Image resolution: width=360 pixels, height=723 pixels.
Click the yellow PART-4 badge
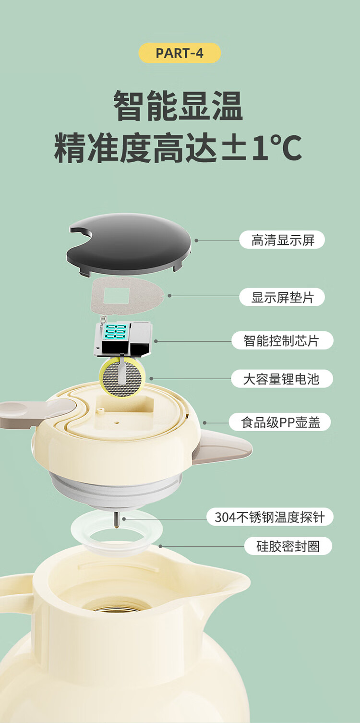tap(180, 53)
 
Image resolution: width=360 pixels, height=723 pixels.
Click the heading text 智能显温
tap(179, 106)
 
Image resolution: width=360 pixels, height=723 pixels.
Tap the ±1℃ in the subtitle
tap(262, 148)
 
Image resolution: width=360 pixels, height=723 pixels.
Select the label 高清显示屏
tap(282, 240)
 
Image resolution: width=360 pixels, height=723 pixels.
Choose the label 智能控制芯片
tap(282, 340)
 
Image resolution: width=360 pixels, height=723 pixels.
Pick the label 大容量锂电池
tap(282, 379)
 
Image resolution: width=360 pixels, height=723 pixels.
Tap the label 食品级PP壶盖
tap(280, 422)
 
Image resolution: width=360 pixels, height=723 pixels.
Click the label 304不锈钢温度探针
tap(270, 517)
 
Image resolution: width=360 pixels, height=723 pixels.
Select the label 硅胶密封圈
tap(288, 546)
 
